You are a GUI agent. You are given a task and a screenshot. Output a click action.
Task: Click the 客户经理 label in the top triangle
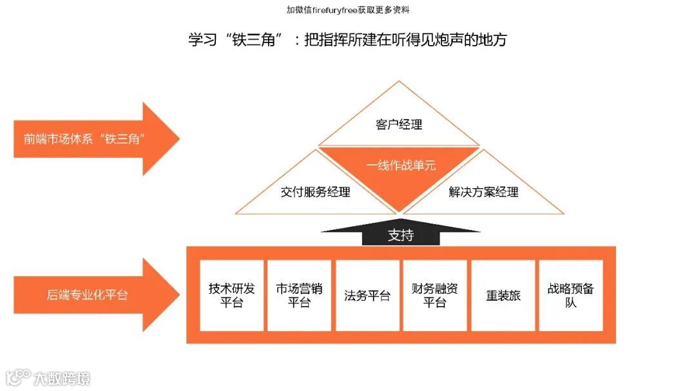399,124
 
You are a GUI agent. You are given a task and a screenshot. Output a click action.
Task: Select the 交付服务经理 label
316,191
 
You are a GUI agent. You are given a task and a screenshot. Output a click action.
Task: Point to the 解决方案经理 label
483,191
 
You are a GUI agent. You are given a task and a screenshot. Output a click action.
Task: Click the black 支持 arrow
401,234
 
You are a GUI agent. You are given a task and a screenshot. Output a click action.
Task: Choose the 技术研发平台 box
232,296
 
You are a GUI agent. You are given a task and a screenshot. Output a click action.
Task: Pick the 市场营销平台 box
299,296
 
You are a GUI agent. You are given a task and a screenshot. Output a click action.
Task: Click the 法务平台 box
367,296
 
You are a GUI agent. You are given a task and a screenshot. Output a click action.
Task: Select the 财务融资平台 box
435,296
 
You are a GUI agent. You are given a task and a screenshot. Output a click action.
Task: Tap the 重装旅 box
503,296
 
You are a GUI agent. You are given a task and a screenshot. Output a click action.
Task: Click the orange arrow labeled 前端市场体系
90,138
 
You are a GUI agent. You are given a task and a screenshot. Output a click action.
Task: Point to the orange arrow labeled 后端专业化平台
90,295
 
